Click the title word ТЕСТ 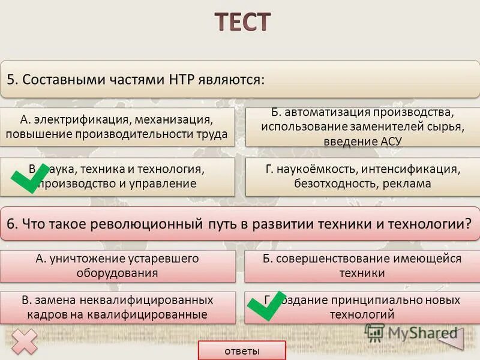coord(242,22)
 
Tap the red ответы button coord(242,351)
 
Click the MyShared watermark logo coord(414,333)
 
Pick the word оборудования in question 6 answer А coord(117,273)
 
